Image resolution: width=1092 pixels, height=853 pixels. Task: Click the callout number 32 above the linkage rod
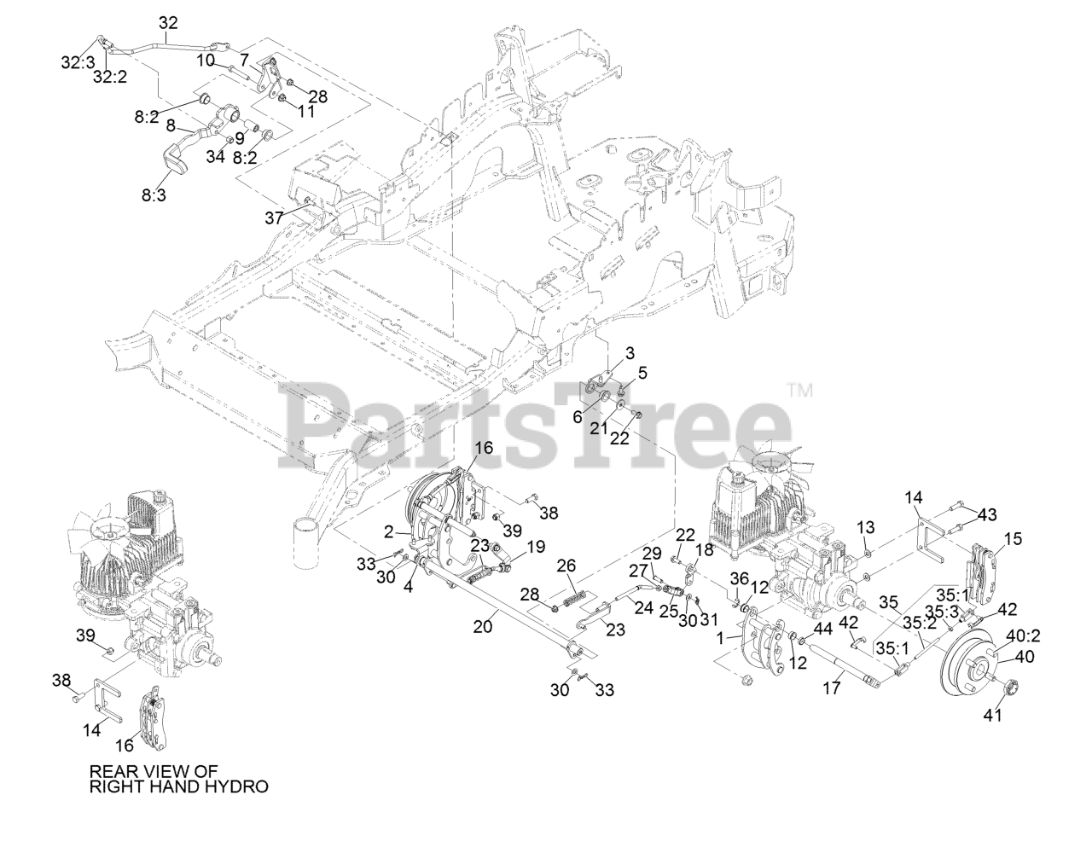coord(169,23)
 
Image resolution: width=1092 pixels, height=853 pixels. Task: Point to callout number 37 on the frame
coord(273,218)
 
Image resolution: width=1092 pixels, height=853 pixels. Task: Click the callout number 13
coord(865,527)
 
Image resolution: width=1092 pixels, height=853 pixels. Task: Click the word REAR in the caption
coord(110,770)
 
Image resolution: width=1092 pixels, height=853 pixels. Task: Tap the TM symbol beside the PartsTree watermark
coord(799,392)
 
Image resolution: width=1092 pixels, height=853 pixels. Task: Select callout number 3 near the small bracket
coord(630,352)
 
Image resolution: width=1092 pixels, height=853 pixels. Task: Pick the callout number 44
coord(822,629)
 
